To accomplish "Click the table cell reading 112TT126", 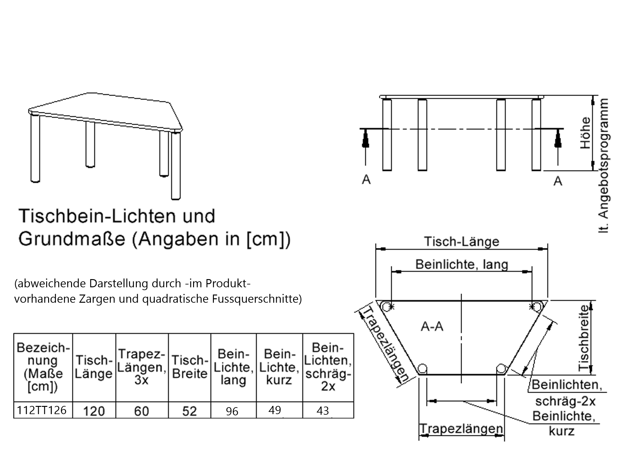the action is pos(42,410).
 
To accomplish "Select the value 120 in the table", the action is pos(94,411).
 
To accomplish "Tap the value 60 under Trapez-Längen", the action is pos(142,411).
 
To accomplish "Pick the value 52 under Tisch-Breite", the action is pos(189,411).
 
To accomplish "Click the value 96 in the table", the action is pos(232,411).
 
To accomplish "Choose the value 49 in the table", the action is pos(275,410).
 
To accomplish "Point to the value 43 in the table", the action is pos(323,411).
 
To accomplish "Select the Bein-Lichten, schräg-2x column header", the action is pos(328,367).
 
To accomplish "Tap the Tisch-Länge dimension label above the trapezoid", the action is pos(462,242).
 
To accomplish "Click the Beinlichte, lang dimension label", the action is pos(462,264).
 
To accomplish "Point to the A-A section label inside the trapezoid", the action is pos(432,327).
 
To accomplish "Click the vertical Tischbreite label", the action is pos(584,337).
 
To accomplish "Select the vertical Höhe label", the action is pos(585,133).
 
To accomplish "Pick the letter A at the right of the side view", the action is pos(558,181).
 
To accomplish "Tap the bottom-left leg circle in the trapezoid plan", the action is pos(422,368).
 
